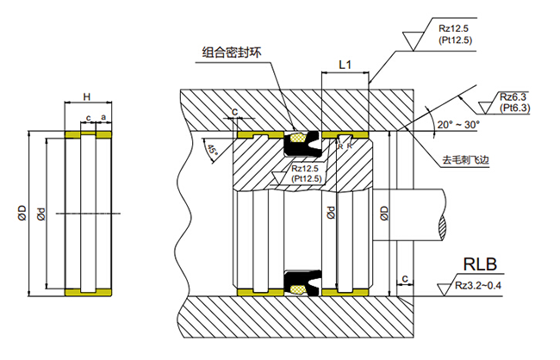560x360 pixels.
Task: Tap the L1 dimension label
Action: (x=345, y=65)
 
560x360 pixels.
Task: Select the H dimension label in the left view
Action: (x=86, y=96)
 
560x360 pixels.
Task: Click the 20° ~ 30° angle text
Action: (x=458, y=125)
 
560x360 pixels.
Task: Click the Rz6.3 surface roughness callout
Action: (x=513, y=96)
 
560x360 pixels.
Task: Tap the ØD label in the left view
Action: (x=20, y=211)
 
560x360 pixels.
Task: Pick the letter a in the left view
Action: (x=103, y=118)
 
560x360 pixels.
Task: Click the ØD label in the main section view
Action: (x=384, y=212)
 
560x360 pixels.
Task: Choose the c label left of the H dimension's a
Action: (x=88, y=118)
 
